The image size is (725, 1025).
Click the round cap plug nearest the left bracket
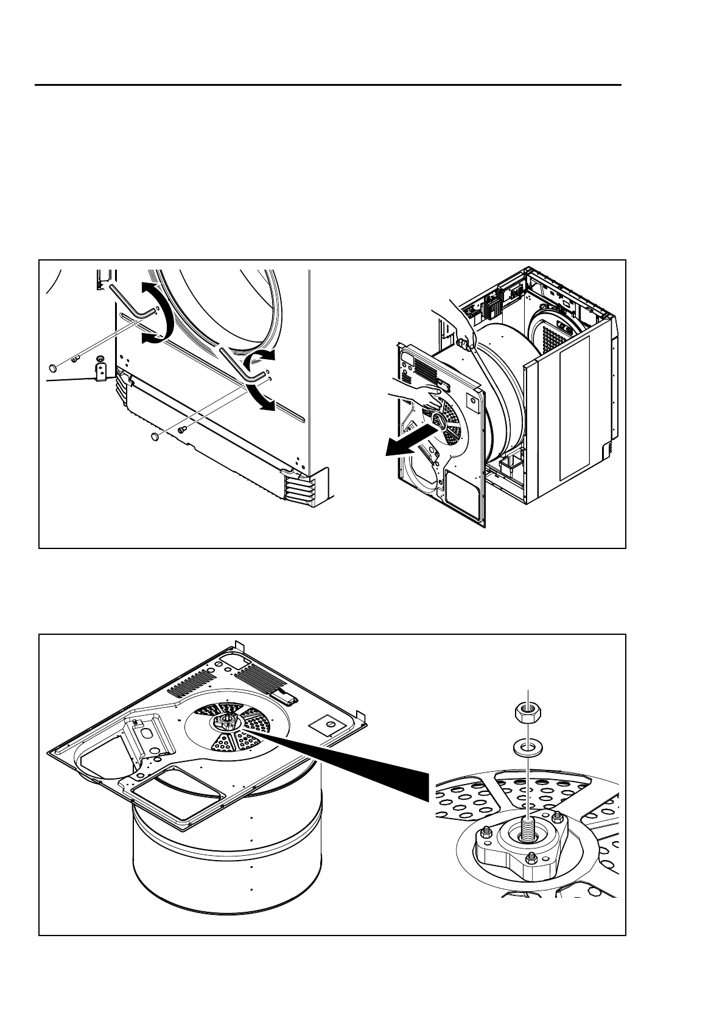point(54,367)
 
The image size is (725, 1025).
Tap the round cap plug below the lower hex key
point(155,436)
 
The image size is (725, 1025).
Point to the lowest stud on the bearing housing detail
point(531,857)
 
